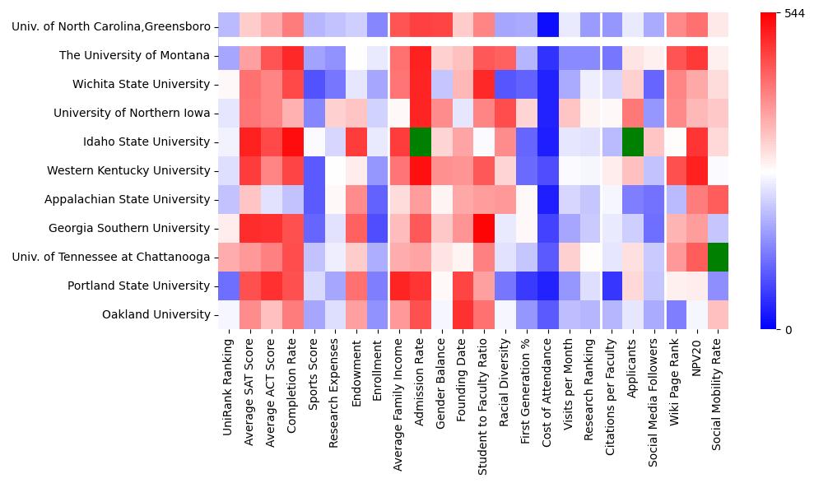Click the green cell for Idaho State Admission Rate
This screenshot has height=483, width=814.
coord(420,142)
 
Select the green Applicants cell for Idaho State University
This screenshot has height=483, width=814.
coord(633,142)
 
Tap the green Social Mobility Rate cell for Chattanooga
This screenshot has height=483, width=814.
coord(719,257)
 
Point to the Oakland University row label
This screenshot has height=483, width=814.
coord(156,314)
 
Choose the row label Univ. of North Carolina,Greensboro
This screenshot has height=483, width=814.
coord(111,27)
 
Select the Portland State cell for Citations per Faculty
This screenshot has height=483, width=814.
coord(612,286)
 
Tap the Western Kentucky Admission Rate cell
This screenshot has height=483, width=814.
coord(420,170)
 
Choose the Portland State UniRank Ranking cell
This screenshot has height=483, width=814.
coord(228,286)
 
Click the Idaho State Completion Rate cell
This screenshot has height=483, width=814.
coord(292,142)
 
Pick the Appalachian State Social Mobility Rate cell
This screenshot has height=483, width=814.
coord(719,199)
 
